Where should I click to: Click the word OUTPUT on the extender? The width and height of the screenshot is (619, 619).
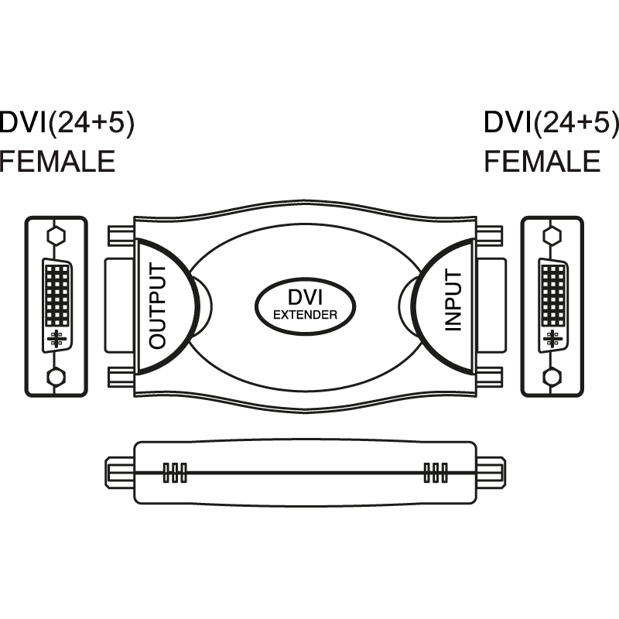click(157, 306)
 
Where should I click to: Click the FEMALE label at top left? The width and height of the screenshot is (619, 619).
click(57, 162)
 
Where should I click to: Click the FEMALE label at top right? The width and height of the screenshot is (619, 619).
click(542, 162)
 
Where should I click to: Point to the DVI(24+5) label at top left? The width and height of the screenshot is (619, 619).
click(67, 123)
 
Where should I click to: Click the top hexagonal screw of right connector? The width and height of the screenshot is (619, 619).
click(552, 234)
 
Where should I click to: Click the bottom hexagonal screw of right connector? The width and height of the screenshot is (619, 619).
click(552, 378)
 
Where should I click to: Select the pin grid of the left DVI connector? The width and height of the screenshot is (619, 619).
click(57, 294)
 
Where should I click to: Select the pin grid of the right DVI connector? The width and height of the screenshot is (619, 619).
click(552, 294)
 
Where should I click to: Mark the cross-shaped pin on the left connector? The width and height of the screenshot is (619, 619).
click(56, 338)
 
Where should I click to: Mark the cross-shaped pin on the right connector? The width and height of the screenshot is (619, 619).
click(552, 338)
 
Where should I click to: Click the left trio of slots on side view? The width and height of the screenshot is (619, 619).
click(175, 473)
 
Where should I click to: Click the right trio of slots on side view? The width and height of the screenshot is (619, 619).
click(436, 473)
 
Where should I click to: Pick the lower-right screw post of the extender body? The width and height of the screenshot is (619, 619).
click(492, 378)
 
